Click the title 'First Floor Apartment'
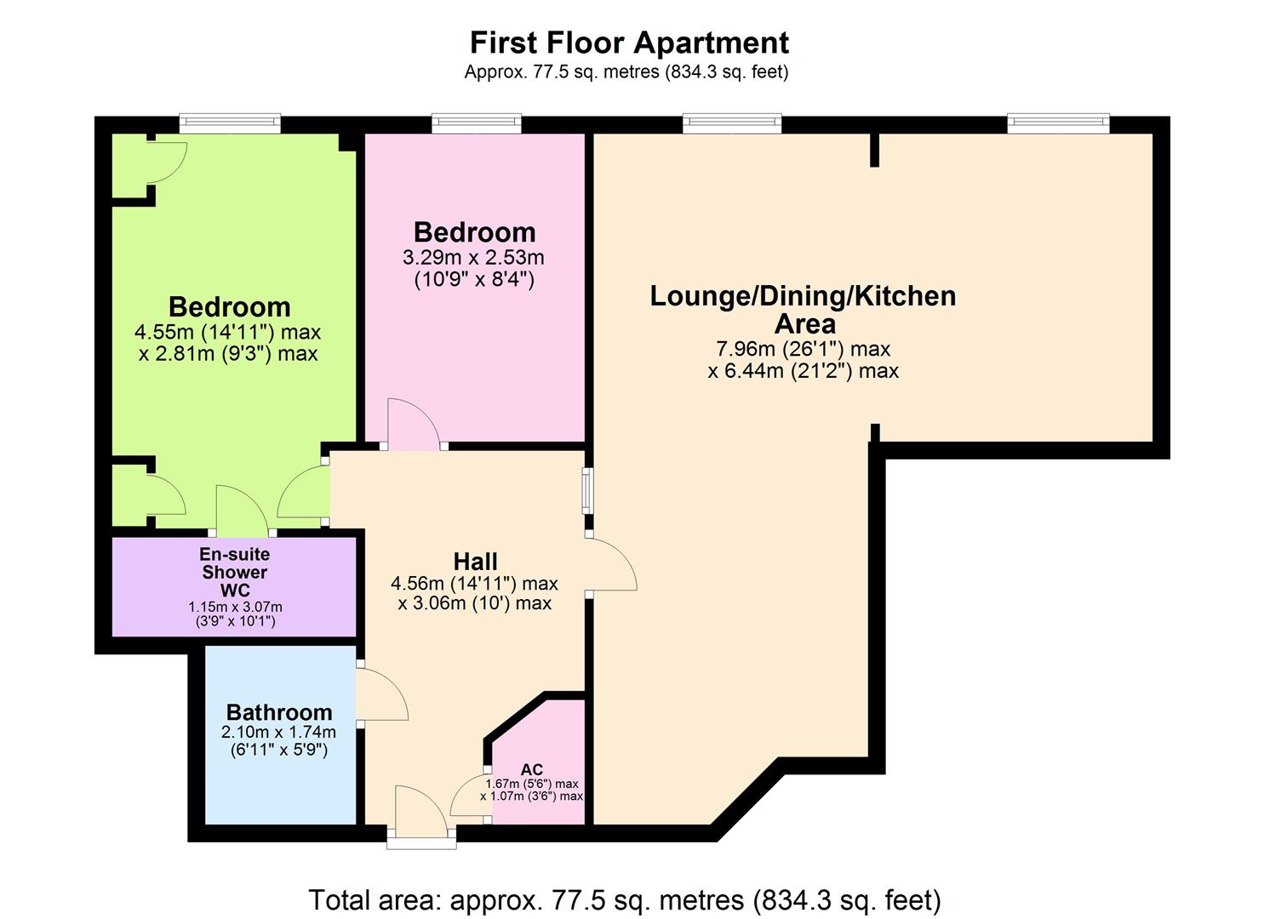tap(629, 43)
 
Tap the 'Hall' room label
tap(475, 562)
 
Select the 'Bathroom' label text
tap(279, 712)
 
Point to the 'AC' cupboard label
tap(531, 770)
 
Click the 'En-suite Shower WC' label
tap(234, 572)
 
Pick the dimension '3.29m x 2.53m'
tap(473, 257)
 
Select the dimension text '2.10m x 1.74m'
tap(278, 732)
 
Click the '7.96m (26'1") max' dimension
tap(803, 349)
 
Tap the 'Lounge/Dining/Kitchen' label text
tap(803, 296)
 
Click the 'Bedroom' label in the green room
tap(229, 306)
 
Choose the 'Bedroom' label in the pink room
tap(474, 232)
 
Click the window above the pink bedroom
tap(477, 124)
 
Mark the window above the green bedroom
tap(230, 124)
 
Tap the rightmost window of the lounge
tap(1058, 124)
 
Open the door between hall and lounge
tap(611, 565)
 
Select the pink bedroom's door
tap(414, 424)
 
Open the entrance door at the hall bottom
tap(421, 815)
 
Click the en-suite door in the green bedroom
tap(243, 509)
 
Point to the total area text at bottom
tap(625, 899)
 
